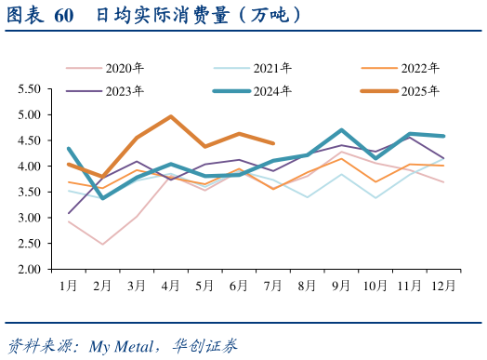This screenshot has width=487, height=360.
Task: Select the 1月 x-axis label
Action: pyautogui.click(x=69, y=284)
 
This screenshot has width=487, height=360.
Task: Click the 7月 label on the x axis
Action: pyautogui.click(x=272, y=284)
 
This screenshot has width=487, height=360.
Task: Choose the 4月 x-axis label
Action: pyautogui.click(x=171, y=284)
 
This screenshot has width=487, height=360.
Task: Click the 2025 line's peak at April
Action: pyautogui.click(x=171, y=116)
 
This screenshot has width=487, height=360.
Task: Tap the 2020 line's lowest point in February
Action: pyautogui.click(x=103, y=245)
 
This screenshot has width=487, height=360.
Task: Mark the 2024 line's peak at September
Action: pyautogui.click(x=342, y=130)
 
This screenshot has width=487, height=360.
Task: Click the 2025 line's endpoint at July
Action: pyautogui.click(x=272, y=143)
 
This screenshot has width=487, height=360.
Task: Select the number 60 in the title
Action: pyautogui.click(x=64, y=16)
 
